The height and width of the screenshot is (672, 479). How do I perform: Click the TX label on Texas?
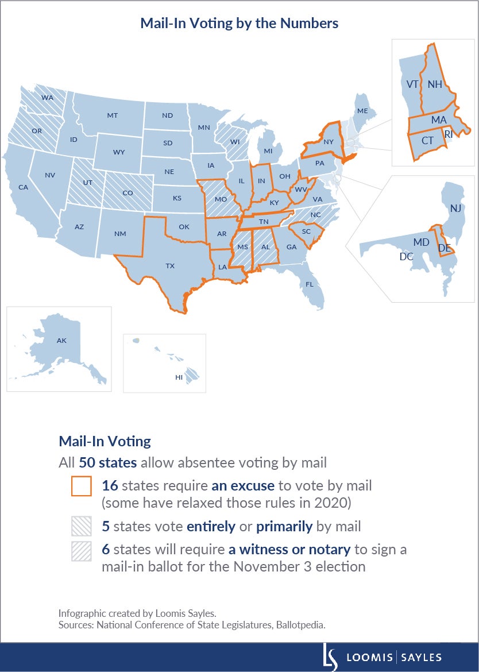(x=170, y=266)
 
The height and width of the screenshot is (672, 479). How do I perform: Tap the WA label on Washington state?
(x=47, y=98)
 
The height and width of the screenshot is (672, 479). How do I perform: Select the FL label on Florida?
(x=310, y=284)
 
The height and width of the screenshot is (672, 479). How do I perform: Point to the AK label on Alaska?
(x=61, y=341)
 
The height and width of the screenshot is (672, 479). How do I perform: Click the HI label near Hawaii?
(x=179, y=377)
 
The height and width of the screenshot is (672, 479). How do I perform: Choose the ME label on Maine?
(x=362, y=111)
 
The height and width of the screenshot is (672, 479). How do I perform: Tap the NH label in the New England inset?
(x=435, y=84)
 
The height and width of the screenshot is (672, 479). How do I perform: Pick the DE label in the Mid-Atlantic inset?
(x=445, y=248)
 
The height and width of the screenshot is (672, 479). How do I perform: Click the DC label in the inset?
(x=407, y=257)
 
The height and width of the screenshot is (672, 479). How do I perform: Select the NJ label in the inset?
(x=455, y=208)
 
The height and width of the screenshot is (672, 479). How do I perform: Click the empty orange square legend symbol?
(x=81, y=485)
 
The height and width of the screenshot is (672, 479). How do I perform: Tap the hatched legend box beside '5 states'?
(x=81, y=526)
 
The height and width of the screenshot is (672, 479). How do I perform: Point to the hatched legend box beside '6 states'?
(x=81, y=550)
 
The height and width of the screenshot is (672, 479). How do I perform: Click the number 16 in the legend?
(x=110, y=485)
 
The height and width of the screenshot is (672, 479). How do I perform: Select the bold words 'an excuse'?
(x=242, y=485)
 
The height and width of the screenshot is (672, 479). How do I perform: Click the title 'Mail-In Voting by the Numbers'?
(x=239, y=24)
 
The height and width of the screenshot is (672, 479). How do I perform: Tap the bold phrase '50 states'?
(x=105, y=462)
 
